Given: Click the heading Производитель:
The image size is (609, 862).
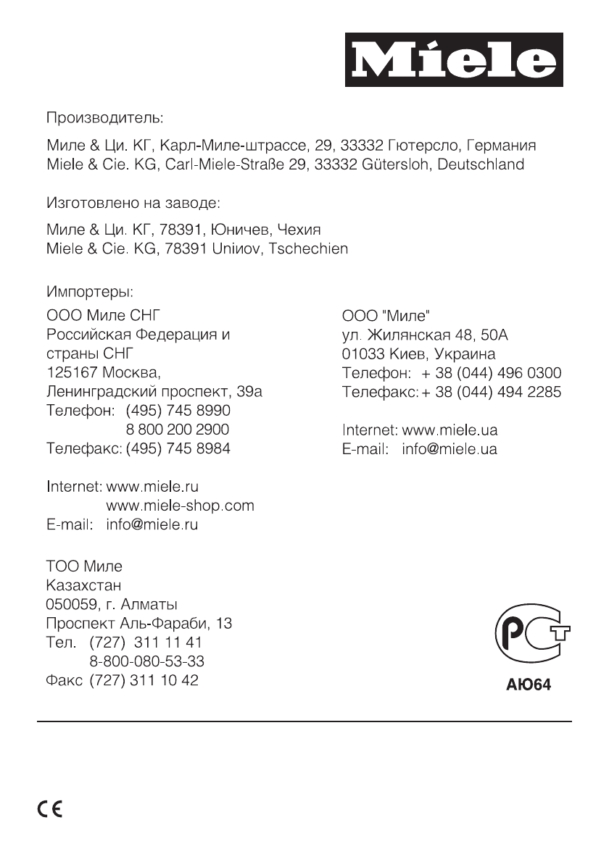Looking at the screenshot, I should click(x=105, y=116).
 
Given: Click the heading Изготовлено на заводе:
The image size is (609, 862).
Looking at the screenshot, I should click(x=133, y=199).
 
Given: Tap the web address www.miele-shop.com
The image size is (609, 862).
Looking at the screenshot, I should click(x=180, y=505).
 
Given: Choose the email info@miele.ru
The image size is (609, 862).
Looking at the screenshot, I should click(x=152, y=524).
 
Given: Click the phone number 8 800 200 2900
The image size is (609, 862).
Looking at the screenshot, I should click(x=178, y=430).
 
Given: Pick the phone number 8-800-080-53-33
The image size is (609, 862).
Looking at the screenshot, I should click(x=146, y=661).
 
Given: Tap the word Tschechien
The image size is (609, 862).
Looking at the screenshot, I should click(x=308, y=248).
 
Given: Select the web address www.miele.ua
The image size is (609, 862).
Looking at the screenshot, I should click(x=449, y=430).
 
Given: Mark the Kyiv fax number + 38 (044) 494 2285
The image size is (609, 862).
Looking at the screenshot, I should click(x=491, y=392).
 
